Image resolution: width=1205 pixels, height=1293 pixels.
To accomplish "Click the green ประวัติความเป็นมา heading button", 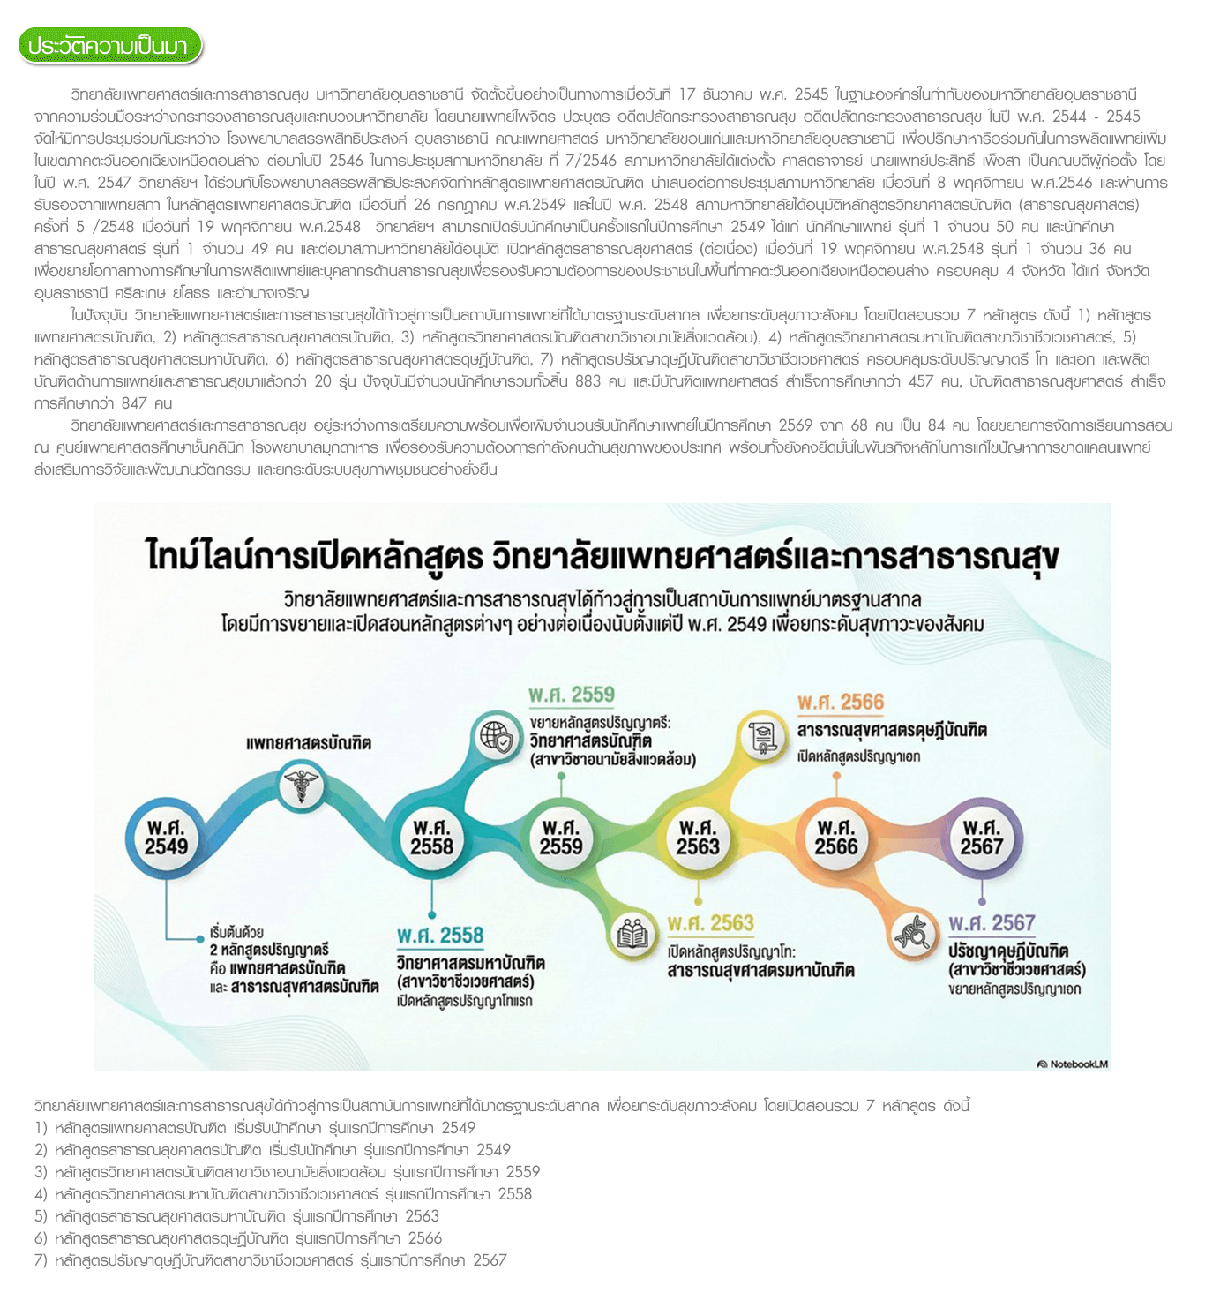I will pyautogui.click(x=109, y=46).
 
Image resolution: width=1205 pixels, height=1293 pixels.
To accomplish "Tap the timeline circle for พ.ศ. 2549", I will pyautogui.click(x=167, y=837).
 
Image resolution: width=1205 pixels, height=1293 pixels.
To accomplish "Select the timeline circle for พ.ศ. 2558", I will pyautogui.click(x=431, y=837).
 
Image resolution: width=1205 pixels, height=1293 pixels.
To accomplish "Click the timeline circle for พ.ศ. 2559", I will pyautogui.click(x=561, y=837).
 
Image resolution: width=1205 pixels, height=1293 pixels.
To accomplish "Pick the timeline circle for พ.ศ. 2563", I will pyautogui.click(x=698, y=837).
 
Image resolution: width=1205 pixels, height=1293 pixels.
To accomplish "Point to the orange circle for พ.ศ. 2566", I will pyautogui.click(x=836, y=837).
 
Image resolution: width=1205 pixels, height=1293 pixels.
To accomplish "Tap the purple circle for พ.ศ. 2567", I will pyautogui.click(x=982, y=837).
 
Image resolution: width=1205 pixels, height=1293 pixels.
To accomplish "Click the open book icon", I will pyautogui.click(x=632, y=934).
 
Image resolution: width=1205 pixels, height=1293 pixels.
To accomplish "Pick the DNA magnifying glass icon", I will pyautogui.click(x=914, y=932).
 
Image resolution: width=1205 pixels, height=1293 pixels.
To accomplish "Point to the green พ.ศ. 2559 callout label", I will pyautogui.click(x=572, y=695).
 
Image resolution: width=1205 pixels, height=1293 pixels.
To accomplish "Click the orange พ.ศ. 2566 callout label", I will pyautogui.click(x=841, y=703).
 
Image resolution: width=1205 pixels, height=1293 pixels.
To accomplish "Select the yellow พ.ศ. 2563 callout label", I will pyautogui.click(x=711, y=923).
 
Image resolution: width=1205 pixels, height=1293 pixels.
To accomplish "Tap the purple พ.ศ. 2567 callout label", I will pyautogui.click(x=992, y=923).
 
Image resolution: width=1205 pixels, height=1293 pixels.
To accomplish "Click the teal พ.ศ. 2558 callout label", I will pyautogui.click(x=440, y=935).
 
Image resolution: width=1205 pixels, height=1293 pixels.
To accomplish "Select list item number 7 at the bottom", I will pyautogui.click(x=270, y=1259).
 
